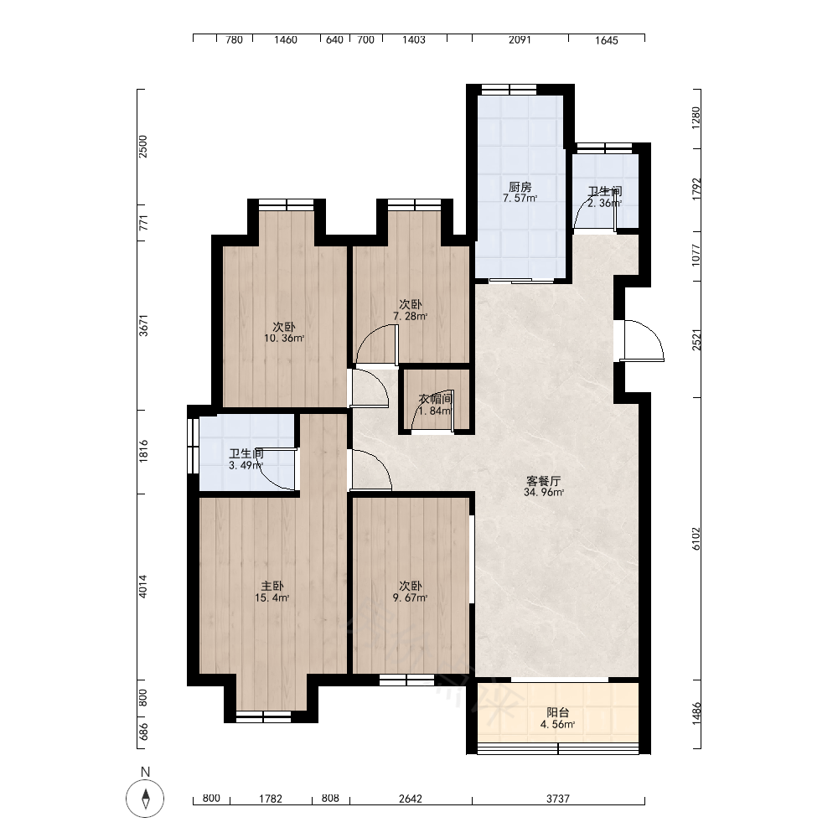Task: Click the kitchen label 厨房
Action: (x=520, y=187)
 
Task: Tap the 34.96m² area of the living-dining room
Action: (x=544, y=492)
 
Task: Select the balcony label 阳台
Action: (x=558, y=712)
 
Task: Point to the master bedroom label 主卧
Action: (x=272, y=587)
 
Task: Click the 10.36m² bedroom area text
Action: (x=284, y=339)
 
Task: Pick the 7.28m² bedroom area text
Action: (x=411, y=316)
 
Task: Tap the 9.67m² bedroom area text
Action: (x=410, y=598)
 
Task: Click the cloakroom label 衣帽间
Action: (x=436, y=399)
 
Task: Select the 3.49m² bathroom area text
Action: (x=246, y=465)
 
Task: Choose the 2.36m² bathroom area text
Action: (x=605, y=203)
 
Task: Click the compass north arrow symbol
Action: (x=145, y=799)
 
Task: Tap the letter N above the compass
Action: (x=145, y=772)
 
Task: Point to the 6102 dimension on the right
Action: (x=696, y=539)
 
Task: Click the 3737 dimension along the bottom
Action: (x=558, y=799)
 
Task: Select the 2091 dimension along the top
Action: (x=520, y=39)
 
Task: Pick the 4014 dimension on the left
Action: (x=142, y=587)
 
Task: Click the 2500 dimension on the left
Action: (x=142, y=147)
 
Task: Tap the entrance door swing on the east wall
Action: (x=644, y=340)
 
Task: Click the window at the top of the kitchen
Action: (x=509, y=90)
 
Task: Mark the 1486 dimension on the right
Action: (x=696, y=713)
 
